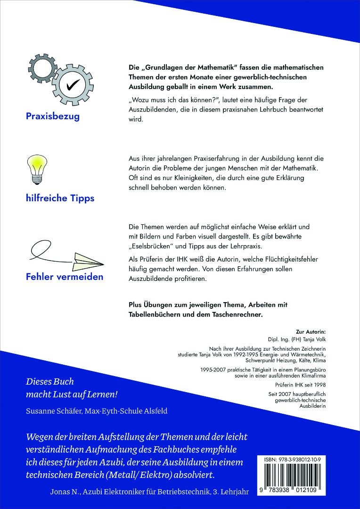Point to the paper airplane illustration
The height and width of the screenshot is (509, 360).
pyautogui.click(x=88, y=258)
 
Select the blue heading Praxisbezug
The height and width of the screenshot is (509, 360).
pyautogui.click(x=53, y=116)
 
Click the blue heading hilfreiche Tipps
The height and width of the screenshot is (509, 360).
pyautogui.click(x=60, y=198)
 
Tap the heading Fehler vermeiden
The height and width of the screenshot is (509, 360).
pyautogui.click(x=65, y=277)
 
